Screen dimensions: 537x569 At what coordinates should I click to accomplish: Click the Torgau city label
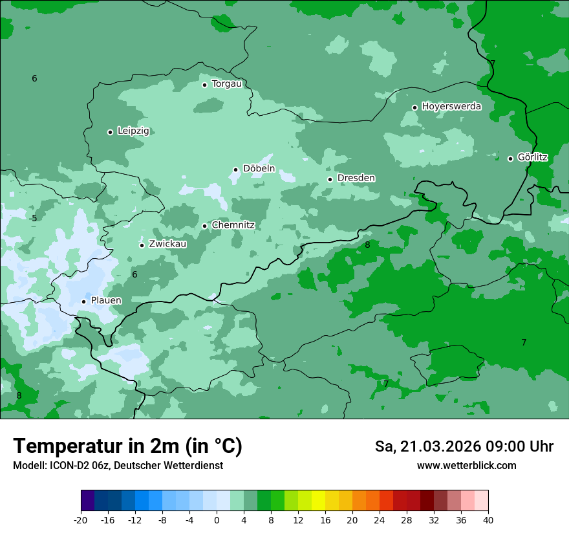click(x=226, y=84)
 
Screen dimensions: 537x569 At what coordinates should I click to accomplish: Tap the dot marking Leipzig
click(x=110, y=132)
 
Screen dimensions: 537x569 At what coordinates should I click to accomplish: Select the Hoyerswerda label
click(x=451, y=107)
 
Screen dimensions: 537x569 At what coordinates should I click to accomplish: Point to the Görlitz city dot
click(x=510, y=159)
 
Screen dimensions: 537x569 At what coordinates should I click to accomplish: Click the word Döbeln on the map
click(x=259, y=169)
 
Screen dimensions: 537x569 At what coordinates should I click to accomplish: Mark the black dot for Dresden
click(x=330, y=179)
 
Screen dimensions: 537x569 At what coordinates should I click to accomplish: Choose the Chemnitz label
click(x=233, y=225)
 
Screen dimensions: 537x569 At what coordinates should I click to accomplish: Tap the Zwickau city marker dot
click(x=142, y=245)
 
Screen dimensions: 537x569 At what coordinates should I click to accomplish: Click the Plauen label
click(x=106, y=301)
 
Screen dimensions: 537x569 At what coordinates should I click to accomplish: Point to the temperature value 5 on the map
click(x=34, y=219)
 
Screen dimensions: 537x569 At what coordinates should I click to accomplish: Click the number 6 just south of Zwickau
click(x=134, y=275)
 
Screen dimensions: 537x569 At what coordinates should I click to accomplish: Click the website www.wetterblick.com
click(x=466, y=466)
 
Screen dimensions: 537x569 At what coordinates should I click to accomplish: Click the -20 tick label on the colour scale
click(x=81, y=520)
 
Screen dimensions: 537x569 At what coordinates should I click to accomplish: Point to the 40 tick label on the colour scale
click(x=488, y=520)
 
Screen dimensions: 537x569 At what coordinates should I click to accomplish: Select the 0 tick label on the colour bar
click(x=217, y=520)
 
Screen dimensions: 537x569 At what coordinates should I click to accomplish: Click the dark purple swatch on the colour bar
click(x=87, y=501)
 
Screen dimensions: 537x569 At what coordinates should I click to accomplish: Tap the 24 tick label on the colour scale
click(x=380, y=520)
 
